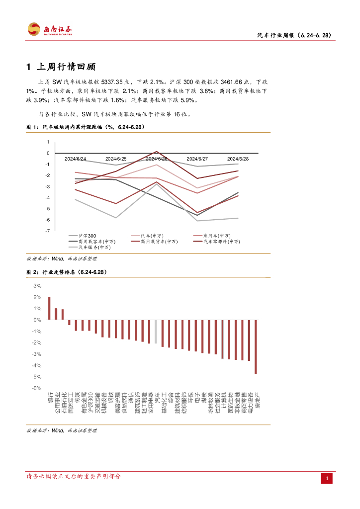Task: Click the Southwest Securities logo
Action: click(50, 29)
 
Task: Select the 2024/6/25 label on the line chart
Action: click(116, 159)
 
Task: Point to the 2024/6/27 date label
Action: click(197, 159)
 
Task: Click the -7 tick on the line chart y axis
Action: click(48, 231)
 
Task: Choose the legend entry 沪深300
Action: click(87, 235)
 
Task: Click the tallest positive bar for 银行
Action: click(49, 309)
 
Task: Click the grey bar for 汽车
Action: click(156, 332)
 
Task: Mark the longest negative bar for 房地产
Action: click(256, 347)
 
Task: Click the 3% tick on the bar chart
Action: click(37, 286)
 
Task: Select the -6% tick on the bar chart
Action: click(36, 388)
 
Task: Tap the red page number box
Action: click(327, 478)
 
